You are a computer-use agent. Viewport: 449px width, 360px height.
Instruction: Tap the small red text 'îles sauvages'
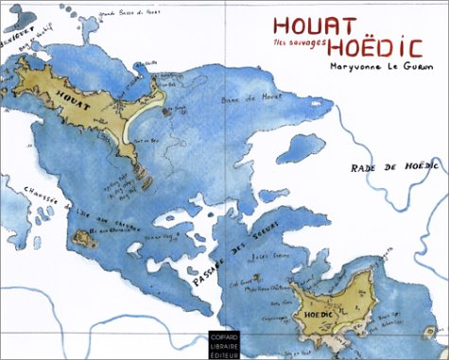[295, 45]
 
